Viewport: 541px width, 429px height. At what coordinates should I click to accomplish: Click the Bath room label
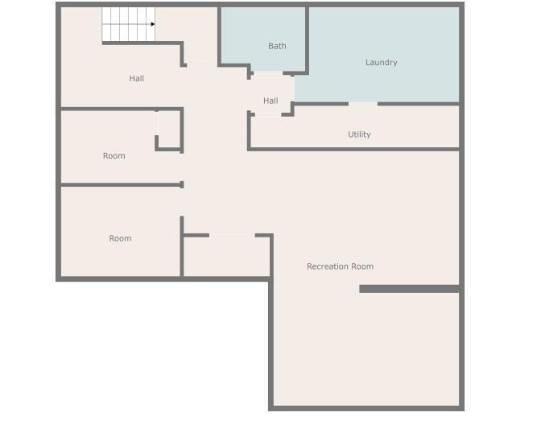click(x=277, y=46)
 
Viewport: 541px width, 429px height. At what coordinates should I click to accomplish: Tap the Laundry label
click(x=382, y=63)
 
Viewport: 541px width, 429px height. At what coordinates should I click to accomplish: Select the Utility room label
click(x=359, y=134)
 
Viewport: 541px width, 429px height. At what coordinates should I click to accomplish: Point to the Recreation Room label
click(x=341, y=266)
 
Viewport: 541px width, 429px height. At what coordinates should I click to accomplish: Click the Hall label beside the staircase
click(x=137, y=79)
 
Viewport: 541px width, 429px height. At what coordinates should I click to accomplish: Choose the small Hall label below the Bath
click(x=270, y=101)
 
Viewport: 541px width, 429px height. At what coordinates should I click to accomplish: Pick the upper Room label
click(x=114, y=156)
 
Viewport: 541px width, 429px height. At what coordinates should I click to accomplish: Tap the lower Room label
click(x=120, y=238)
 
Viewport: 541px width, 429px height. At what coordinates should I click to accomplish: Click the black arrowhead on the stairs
click(x=153, y=24)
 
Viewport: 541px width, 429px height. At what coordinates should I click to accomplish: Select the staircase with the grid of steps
click(x=128, y=24)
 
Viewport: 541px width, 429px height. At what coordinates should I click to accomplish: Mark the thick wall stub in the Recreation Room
click(x=409, y=289)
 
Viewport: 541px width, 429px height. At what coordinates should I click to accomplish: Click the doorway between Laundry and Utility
click(x=363, y=104)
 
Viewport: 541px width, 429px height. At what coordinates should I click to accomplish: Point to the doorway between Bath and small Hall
click(x=268, y=73)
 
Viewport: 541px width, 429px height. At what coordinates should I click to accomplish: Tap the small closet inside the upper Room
click(x=168, y=130)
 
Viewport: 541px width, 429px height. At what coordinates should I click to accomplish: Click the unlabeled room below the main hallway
click(x=226, y=257)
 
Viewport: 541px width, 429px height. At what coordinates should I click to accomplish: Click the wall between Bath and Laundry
click(x=307, y=39)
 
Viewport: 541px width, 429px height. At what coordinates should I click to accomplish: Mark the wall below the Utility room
click(x=353, y=150)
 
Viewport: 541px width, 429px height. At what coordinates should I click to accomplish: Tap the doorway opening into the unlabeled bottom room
click(x=232, y=236)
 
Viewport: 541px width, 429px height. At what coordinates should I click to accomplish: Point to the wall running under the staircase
click(x=142, y=43)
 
